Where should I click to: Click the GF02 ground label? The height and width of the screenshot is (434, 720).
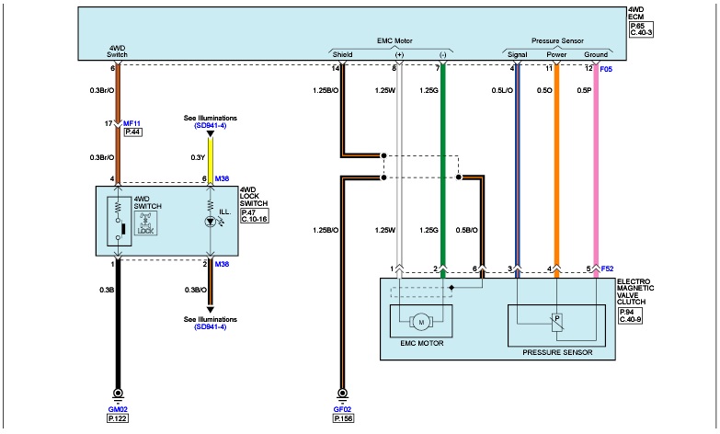344,407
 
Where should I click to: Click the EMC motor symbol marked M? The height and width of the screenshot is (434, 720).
422,321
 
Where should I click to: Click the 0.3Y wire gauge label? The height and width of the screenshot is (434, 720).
197,157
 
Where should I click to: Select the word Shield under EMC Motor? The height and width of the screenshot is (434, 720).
341,54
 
